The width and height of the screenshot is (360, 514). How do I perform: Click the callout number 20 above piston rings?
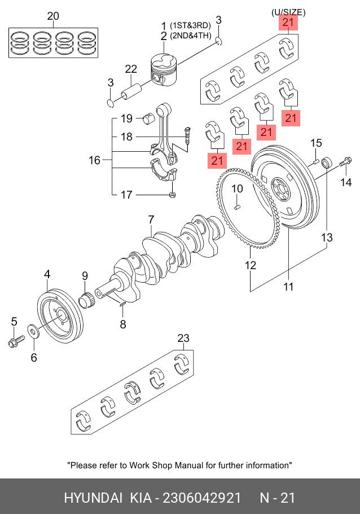[52, 16]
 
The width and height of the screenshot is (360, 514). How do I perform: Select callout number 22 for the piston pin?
[131, 69]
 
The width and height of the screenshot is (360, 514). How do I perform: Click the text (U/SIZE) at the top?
[288, 12]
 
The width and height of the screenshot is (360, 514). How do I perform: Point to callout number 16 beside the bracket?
[94, 161]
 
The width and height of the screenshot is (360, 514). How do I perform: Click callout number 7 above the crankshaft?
[151, 219]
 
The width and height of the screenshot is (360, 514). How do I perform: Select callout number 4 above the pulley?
[47, 275]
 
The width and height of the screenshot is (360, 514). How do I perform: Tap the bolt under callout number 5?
[14, 342]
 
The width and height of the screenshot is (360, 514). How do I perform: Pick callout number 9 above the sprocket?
[85, 276]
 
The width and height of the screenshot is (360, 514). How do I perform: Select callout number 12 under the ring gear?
[251, 265]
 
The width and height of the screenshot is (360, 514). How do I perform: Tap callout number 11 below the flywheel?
[288, 287]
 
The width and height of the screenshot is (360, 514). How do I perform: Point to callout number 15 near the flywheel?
[316, 143]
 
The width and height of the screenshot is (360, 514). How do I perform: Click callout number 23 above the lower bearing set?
[183, 339]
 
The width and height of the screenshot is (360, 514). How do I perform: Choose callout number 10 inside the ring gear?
[238, 188]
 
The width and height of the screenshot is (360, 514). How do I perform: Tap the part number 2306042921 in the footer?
[202, 498]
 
